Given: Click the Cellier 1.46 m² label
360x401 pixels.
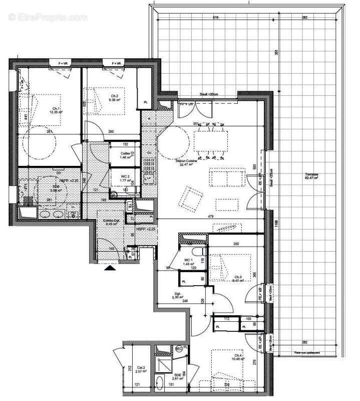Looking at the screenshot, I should (125, 155).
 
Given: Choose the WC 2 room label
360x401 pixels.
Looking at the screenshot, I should (125, 176).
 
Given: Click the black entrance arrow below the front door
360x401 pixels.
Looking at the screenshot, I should (110, 268).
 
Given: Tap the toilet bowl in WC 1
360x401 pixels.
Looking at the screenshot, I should (199, 251).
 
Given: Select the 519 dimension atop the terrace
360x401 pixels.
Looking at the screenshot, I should (215, 18).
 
